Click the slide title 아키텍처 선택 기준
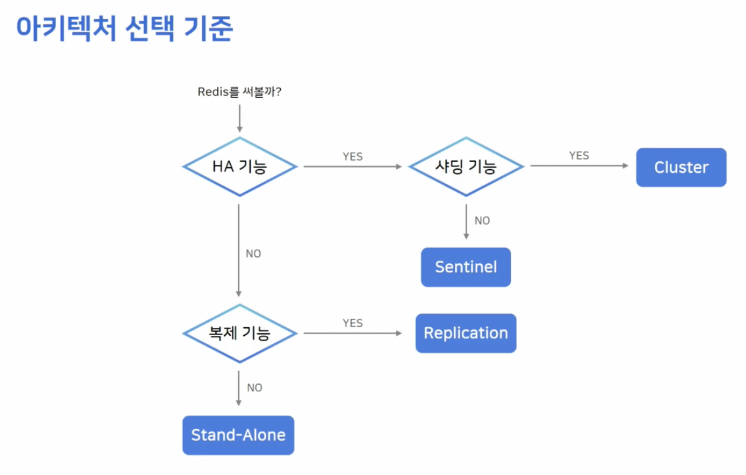125,28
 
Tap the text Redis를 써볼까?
239,92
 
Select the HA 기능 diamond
240,166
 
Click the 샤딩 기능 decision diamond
466,166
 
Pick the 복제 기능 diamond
240,333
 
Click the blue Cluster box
681,167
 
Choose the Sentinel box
466,267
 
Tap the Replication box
466,333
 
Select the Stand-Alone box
238,435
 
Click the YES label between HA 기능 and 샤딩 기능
353,156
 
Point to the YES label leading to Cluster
579,156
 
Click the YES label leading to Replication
353,323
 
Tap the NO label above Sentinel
482,220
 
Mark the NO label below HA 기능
253,253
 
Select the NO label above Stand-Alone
255,388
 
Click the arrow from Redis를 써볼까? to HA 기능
239,118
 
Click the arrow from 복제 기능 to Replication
353,333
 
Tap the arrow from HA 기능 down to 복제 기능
239,250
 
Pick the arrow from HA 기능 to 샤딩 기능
353,166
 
